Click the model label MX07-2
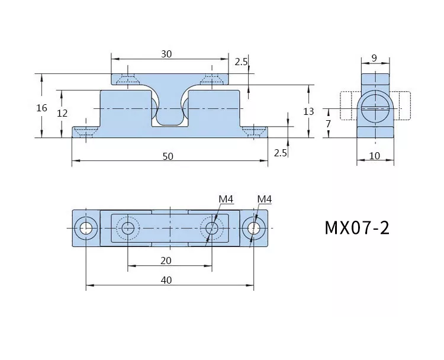357,228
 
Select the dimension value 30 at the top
166,54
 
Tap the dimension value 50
168,156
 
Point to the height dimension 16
41,108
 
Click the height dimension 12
62,113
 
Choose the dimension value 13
308,111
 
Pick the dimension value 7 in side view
328,124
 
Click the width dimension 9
374,58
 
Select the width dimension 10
375,156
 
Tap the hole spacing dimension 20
166,261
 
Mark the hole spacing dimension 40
166,280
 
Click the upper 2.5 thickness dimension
241,62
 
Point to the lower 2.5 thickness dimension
281,153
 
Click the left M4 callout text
226,199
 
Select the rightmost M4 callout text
265,199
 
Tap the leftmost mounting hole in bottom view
86,228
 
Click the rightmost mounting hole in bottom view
254,228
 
